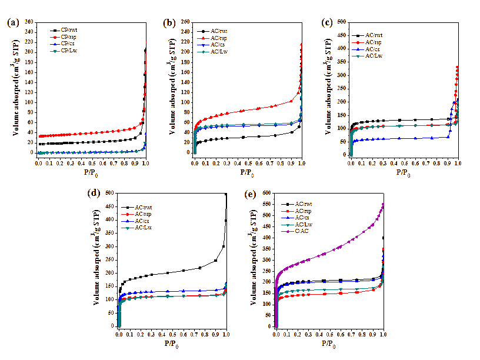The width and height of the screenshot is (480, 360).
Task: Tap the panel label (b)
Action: pyautogui.click(x=170, y=24)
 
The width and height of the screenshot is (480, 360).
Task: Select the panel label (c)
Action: pyautogui.click(x=328, y=24)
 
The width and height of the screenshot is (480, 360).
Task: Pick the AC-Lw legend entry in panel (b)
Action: pyautogui.click(x=219, y=52)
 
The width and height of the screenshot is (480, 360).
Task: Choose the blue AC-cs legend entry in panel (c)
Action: pyautogui.click(x=374, y=49)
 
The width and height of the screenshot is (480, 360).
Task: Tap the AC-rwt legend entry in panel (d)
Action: pyautogui.click(x=144, y=207)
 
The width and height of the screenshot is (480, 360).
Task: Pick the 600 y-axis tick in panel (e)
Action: pyautogui.click(x=267, y=193)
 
